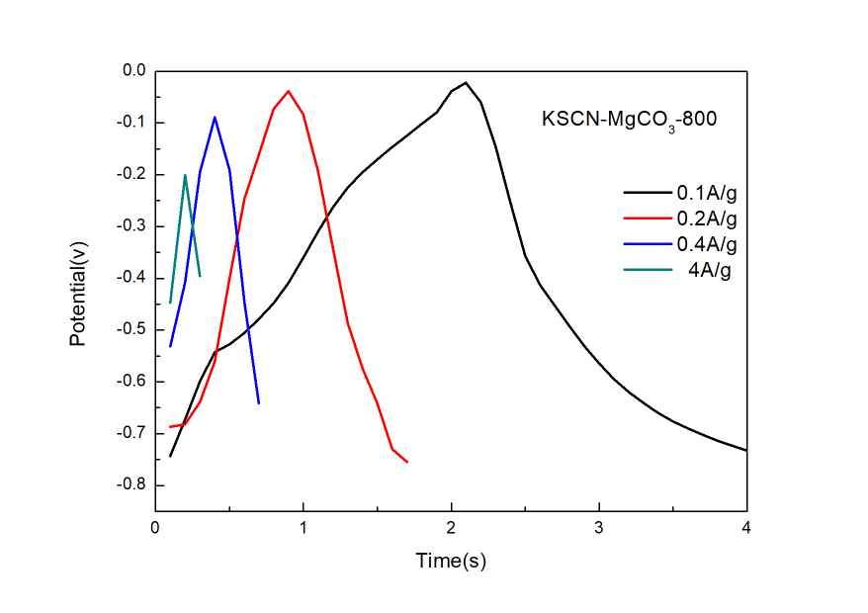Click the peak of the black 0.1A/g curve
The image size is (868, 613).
[466, 82]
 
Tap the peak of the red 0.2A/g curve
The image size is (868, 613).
[289, 91]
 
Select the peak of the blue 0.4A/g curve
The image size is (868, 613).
[215, 117]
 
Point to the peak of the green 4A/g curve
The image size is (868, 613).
[185, 175]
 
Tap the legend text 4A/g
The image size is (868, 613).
[709, 268]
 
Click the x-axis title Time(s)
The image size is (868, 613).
[451, 562]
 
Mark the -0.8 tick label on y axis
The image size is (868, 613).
[132, 484]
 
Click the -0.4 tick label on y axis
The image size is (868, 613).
[132, 278]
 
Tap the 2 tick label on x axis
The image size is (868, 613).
[451, 528]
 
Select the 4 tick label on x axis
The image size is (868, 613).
[746, 528]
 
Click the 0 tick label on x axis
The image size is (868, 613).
[155, 528]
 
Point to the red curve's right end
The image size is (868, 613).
[407, 462]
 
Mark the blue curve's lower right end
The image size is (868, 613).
[259, 403]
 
